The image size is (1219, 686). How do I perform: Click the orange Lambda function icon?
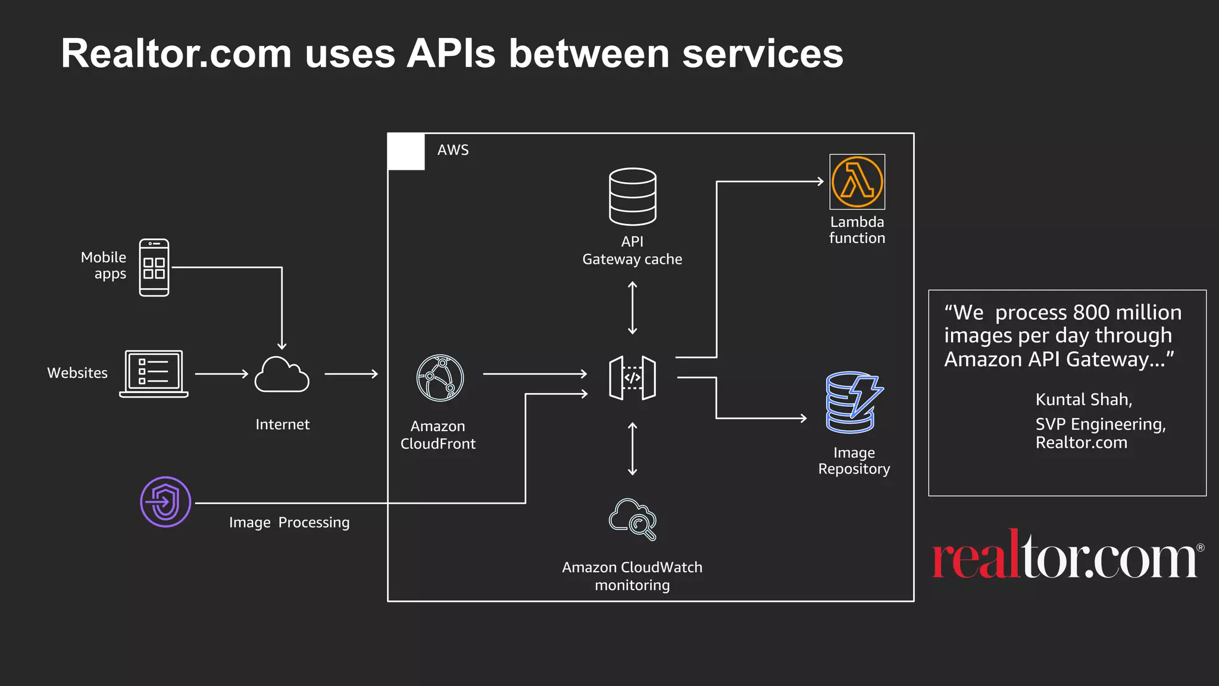point(857,182)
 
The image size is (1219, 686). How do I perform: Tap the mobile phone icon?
point(154,267)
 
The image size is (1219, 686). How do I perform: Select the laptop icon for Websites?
point(154,373)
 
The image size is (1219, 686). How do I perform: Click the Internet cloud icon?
point(282,375)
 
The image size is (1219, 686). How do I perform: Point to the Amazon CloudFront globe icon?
point(440,378)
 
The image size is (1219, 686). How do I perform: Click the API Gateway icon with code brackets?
point(632,378)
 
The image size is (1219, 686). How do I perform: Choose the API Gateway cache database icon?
point(632,197)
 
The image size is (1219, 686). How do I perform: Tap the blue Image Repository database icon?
point(853,403)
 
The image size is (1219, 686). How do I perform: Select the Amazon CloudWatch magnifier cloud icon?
point(632,519)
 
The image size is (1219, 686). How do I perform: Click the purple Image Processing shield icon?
point(165,501)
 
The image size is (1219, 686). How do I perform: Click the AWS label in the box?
point(453,150)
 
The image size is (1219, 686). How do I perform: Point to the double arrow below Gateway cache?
point(632,308)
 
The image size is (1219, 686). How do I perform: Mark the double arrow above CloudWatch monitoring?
point(632,448)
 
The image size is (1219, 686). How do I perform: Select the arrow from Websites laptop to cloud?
point(221,374)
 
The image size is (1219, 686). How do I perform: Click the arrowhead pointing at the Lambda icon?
point(820,182)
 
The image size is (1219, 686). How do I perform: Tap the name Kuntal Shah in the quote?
point(1083,400)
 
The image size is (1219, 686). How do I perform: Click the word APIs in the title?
point(451,54)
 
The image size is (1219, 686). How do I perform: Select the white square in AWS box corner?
point(407,152)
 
